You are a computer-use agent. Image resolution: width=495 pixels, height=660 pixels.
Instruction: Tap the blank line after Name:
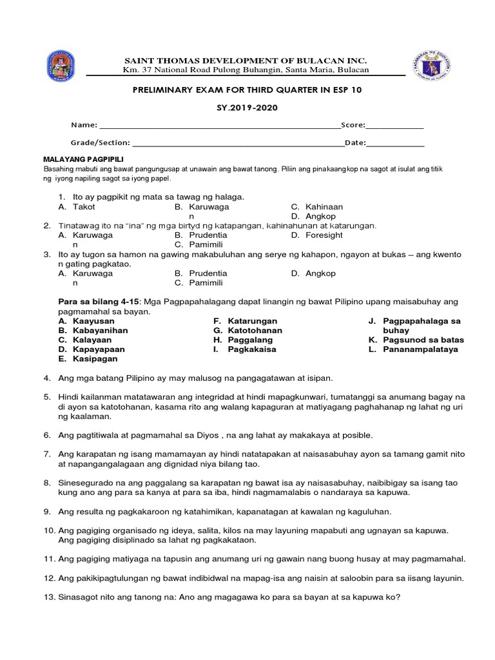click(219, 126)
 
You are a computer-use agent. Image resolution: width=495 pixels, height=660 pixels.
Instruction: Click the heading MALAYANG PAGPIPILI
click(83, 159)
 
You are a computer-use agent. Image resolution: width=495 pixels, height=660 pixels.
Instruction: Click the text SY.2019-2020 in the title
click(247, 108)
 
